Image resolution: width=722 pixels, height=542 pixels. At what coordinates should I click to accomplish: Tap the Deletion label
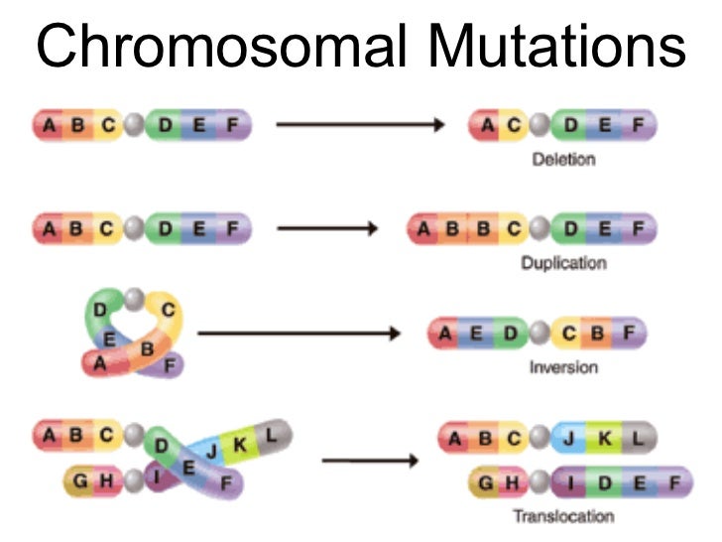click(x=563, y=159)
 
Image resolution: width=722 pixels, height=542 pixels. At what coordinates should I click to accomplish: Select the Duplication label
click(x=563, y=264)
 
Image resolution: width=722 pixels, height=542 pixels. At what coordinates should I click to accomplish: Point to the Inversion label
click(x=563, y=367)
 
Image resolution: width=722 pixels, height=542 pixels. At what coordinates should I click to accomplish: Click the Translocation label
click(x=563, y=516)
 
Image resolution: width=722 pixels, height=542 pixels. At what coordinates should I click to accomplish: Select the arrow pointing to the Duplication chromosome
click(x=327, y=229)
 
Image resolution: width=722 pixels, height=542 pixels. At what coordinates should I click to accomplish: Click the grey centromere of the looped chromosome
click(x=134, y=297)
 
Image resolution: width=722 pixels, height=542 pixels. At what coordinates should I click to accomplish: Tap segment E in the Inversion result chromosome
click(x=477, y=334)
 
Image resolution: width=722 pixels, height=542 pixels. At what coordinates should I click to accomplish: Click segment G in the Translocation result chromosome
click(x=486, y=482)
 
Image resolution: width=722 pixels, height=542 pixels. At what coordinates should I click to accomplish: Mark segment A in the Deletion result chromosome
click(x=488, y=125)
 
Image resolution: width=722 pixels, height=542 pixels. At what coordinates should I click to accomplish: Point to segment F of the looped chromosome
click(x=170, y=365)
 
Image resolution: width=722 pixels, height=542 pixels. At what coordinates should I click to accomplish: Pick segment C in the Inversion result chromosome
click(x=569, y=334)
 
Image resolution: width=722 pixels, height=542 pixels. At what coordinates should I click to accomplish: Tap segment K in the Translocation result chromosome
click(x=606, y=438)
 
